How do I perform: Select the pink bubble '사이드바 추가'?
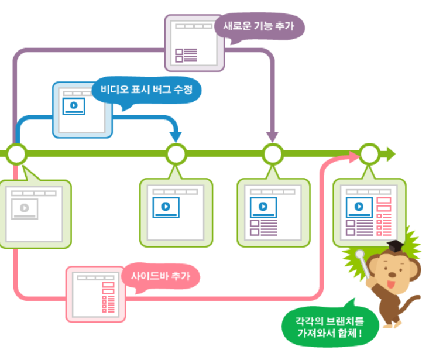161,276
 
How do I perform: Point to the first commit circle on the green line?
17,155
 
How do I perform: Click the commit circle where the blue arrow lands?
176,155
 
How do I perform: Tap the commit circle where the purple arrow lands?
272,155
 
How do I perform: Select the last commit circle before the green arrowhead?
369,155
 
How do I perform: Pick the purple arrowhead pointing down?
272,135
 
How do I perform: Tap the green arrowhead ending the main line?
389,155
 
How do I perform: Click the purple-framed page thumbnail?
194,43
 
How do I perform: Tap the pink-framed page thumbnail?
95,293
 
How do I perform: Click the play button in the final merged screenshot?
359,207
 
